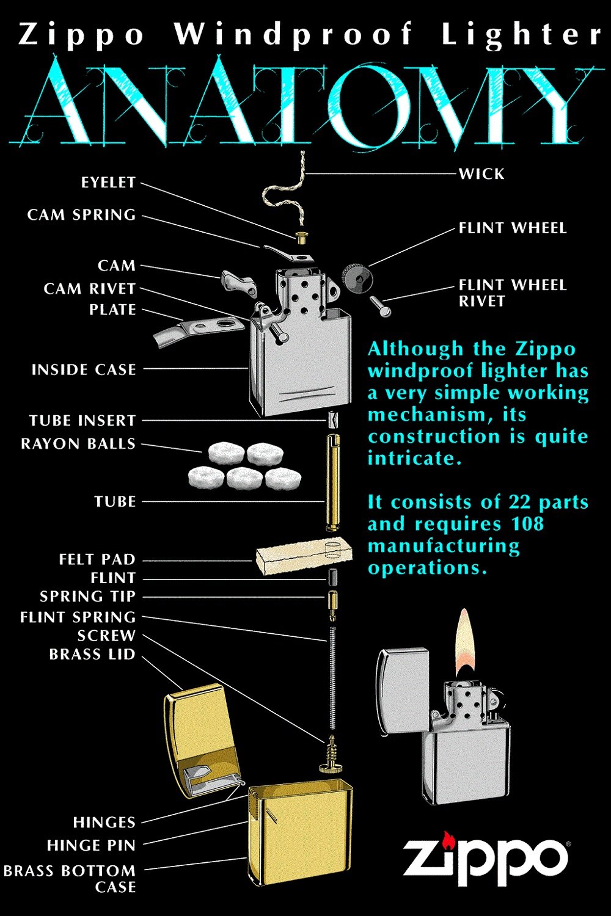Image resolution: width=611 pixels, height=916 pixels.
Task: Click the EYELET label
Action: (108, 183)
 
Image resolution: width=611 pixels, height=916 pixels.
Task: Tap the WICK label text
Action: (481, 174)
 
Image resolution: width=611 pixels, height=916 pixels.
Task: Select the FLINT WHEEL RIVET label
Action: (513, 293)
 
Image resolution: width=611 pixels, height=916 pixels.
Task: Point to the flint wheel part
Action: (357, 278)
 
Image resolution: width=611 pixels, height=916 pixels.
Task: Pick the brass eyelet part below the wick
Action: (301, 236)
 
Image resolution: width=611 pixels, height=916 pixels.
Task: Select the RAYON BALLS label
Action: (78, 444)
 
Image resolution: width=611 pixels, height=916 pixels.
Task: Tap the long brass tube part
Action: (333, 482)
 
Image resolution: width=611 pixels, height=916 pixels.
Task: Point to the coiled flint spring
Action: (332, 678)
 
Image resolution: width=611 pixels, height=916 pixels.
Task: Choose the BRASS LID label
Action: (92, 655)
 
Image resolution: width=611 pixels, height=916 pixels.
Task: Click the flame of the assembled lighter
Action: (465, 641)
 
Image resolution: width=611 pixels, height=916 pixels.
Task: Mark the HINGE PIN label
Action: (91, 846)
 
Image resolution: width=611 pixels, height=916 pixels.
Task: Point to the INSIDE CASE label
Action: (84, 369)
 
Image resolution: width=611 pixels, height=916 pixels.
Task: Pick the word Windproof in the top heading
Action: (294, 34)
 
